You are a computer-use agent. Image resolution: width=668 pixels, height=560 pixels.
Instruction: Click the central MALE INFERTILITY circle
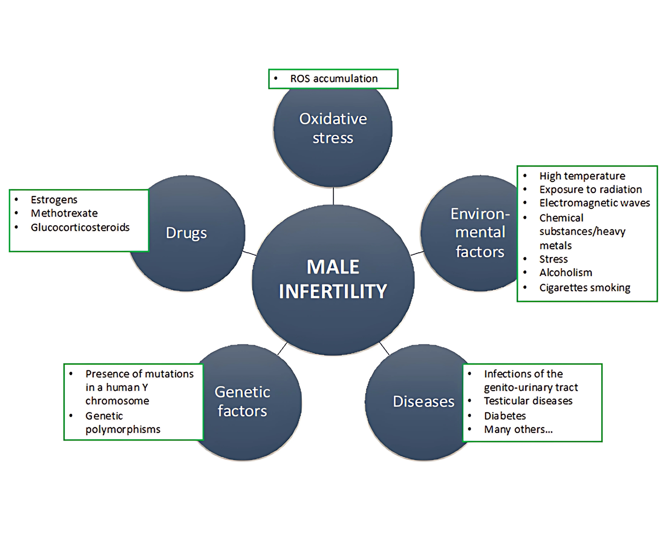click(333, 279)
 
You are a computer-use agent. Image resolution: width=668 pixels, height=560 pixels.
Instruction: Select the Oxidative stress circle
click(333, 128)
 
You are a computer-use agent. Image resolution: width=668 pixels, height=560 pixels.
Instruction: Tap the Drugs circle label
click(186, 233)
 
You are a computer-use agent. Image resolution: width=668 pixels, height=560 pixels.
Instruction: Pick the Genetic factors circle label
click(242, 401)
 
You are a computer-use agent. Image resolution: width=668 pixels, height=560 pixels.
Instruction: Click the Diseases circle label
click(423, 401)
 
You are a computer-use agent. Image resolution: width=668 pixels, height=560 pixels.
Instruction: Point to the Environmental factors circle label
click(480, 233)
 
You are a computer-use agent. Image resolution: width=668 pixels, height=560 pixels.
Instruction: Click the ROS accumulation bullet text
click(334, 79)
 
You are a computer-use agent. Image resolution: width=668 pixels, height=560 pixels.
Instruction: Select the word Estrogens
click(54, 200)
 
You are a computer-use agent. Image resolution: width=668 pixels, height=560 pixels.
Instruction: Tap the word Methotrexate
click(64, 213)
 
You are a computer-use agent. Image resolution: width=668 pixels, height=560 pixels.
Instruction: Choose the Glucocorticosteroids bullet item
click(80, 227)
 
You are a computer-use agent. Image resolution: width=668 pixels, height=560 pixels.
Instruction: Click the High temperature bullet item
click(582, 176)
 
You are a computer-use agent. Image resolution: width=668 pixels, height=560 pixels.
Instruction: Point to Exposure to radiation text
click(590, 190)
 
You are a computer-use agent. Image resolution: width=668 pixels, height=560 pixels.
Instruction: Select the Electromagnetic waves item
click(595, 203)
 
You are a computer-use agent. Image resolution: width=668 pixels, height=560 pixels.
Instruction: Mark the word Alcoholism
click(566, 273)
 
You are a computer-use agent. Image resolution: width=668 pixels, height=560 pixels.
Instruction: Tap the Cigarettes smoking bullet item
click(584, 288)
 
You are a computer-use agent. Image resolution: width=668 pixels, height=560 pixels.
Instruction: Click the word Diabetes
click(505, 416)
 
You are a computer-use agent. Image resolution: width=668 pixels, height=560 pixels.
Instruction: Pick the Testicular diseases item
click(528, 401)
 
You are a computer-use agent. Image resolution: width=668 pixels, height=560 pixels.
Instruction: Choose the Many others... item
click(518, 429)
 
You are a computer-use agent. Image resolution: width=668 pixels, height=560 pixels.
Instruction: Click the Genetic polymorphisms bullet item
click(122, 423)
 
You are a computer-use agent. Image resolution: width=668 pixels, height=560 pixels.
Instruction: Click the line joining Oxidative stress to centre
click(333, 196)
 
